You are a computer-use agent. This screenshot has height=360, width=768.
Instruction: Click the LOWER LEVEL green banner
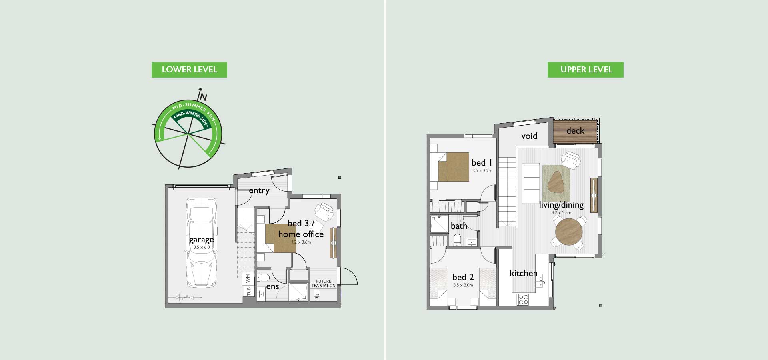tap(189, 70)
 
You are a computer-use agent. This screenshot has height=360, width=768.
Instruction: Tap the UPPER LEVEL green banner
tap(586, 70)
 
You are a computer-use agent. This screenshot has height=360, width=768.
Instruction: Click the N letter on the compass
tap(204, 97)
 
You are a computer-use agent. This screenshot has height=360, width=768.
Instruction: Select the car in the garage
tap(202, 242)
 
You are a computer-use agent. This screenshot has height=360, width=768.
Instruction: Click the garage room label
tap(201, 240)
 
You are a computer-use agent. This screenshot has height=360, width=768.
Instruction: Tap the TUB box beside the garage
tap(248, 291)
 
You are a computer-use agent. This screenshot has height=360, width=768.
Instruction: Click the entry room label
tap(259, 191)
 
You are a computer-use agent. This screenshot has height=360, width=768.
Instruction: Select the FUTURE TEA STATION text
tap(324, 284)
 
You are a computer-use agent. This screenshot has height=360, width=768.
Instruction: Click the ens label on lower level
tap(272, 286)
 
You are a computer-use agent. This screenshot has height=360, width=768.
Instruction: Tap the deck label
tap(575, 130)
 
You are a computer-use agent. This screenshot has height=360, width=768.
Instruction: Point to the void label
tap(529, 136)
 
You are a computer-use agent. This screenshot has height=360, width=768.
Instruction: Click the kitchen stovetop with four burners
tap(523, 299)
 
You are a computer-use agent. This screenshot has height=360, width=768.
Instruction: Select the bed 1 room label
tap(482, 162)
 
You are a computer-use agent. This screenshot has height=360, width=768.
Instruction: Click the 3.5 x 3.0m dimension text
tap(463, 285)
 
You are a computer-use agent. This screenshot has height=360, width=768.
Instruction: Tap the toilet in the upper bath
tap(458, 240)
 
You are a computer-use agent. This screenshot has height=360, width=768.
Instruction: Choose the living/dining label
tap(561, 205)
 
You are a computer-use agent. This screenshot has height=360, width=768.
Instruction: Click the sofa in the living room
tap(531, 183)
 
